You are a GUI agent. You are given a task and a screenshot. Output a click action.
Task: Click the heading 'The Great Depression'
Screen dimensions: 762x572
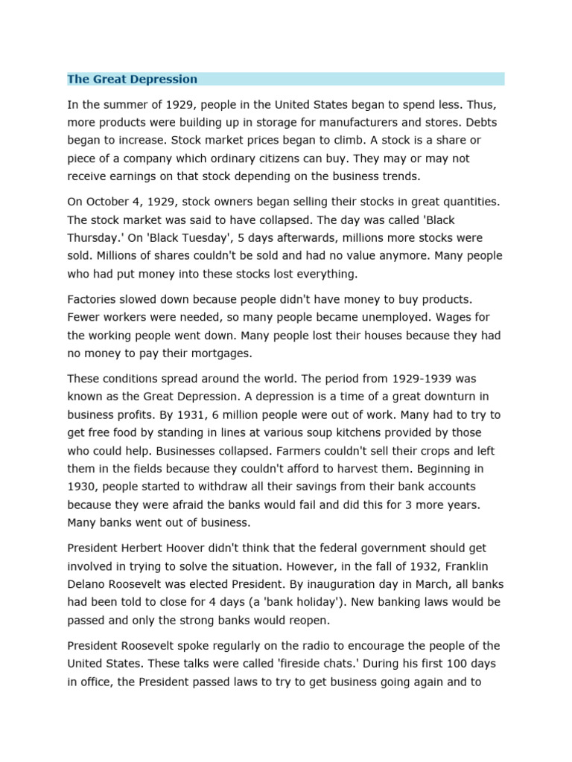tap(132, 79)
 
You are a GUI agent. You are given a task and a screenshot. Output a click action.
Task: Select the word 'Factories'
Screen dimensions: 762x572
tap(94, 298)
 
